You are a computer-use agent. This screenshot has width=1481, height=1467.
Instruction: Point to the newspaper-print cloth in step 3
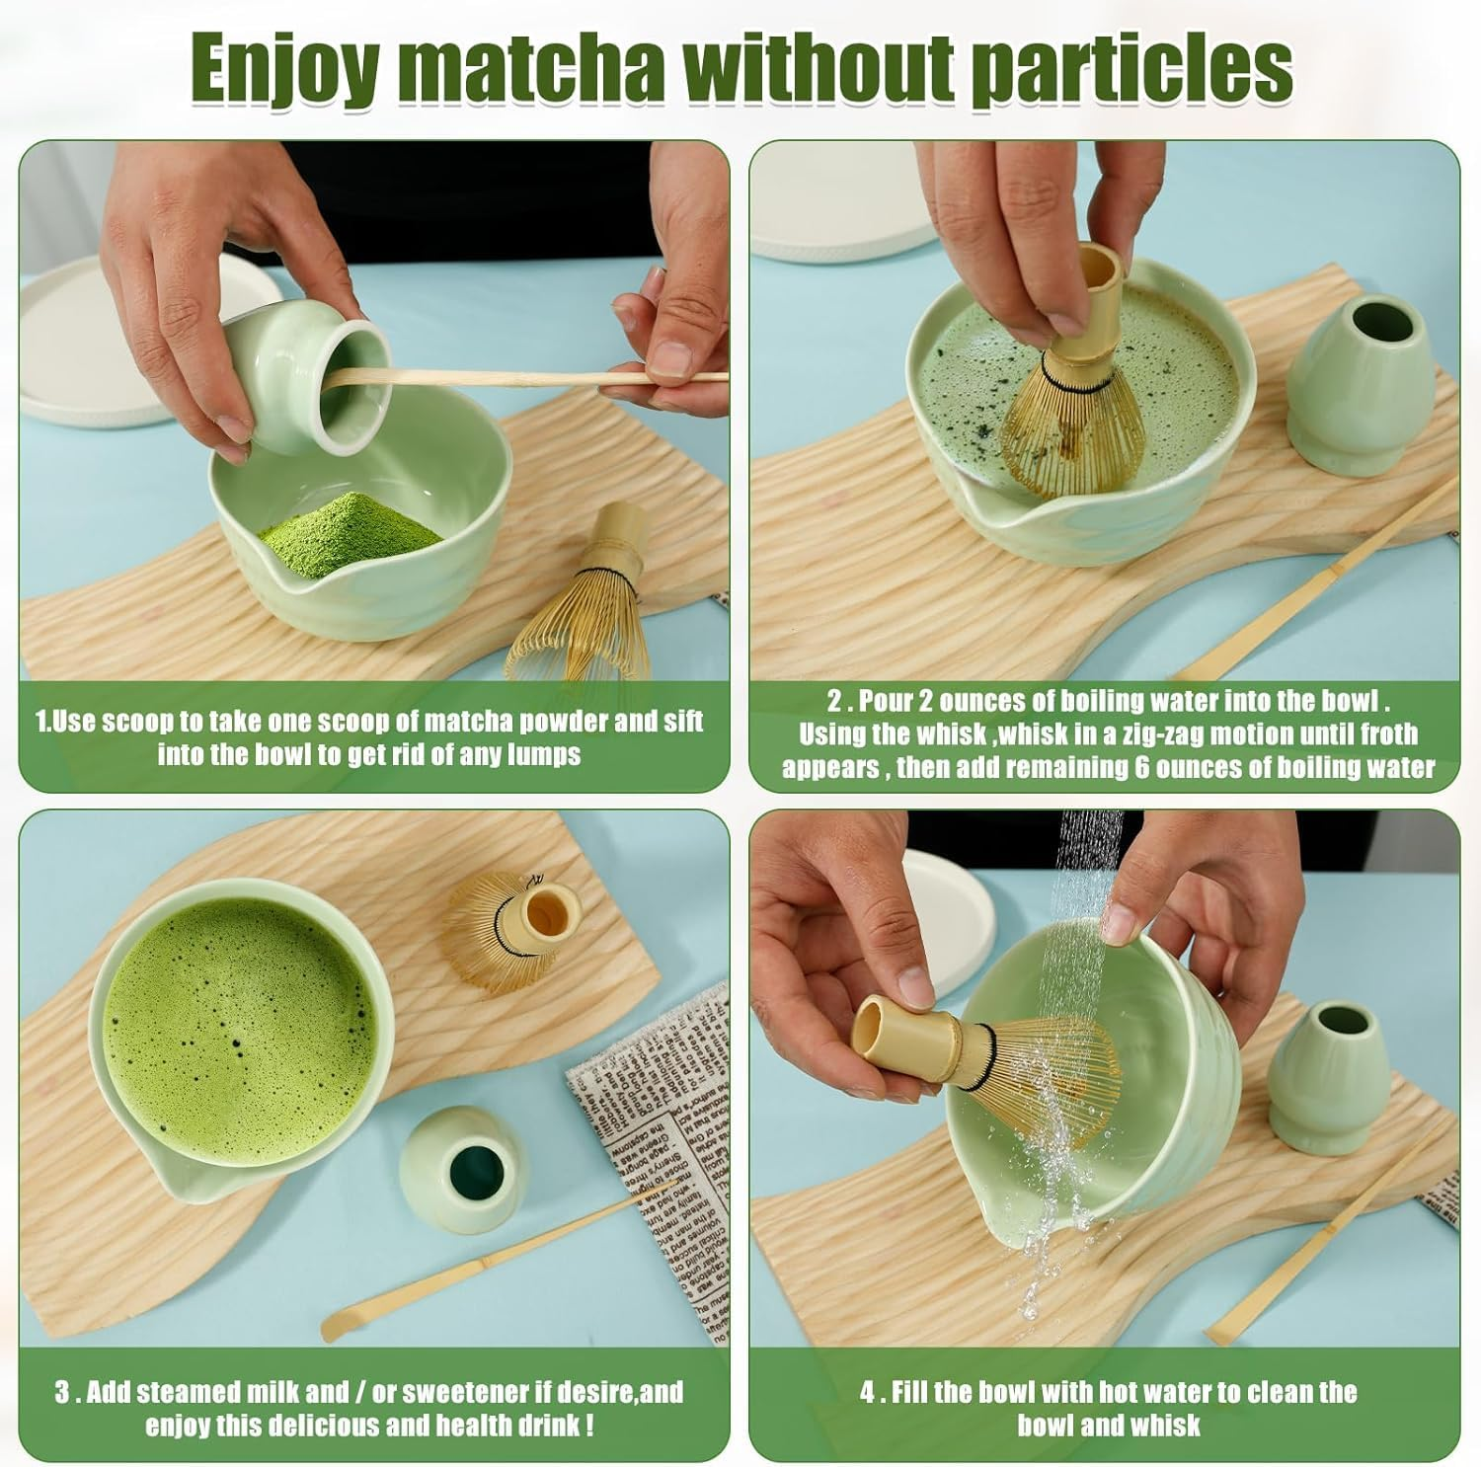(652, 1135)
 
